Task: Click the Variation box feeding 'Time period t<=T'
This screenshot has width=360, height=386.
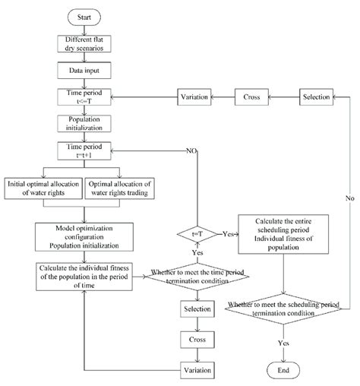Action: (x=194, y=97)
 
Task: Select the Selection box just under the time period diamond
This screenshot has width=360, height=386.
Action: (x=194, y=309)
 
